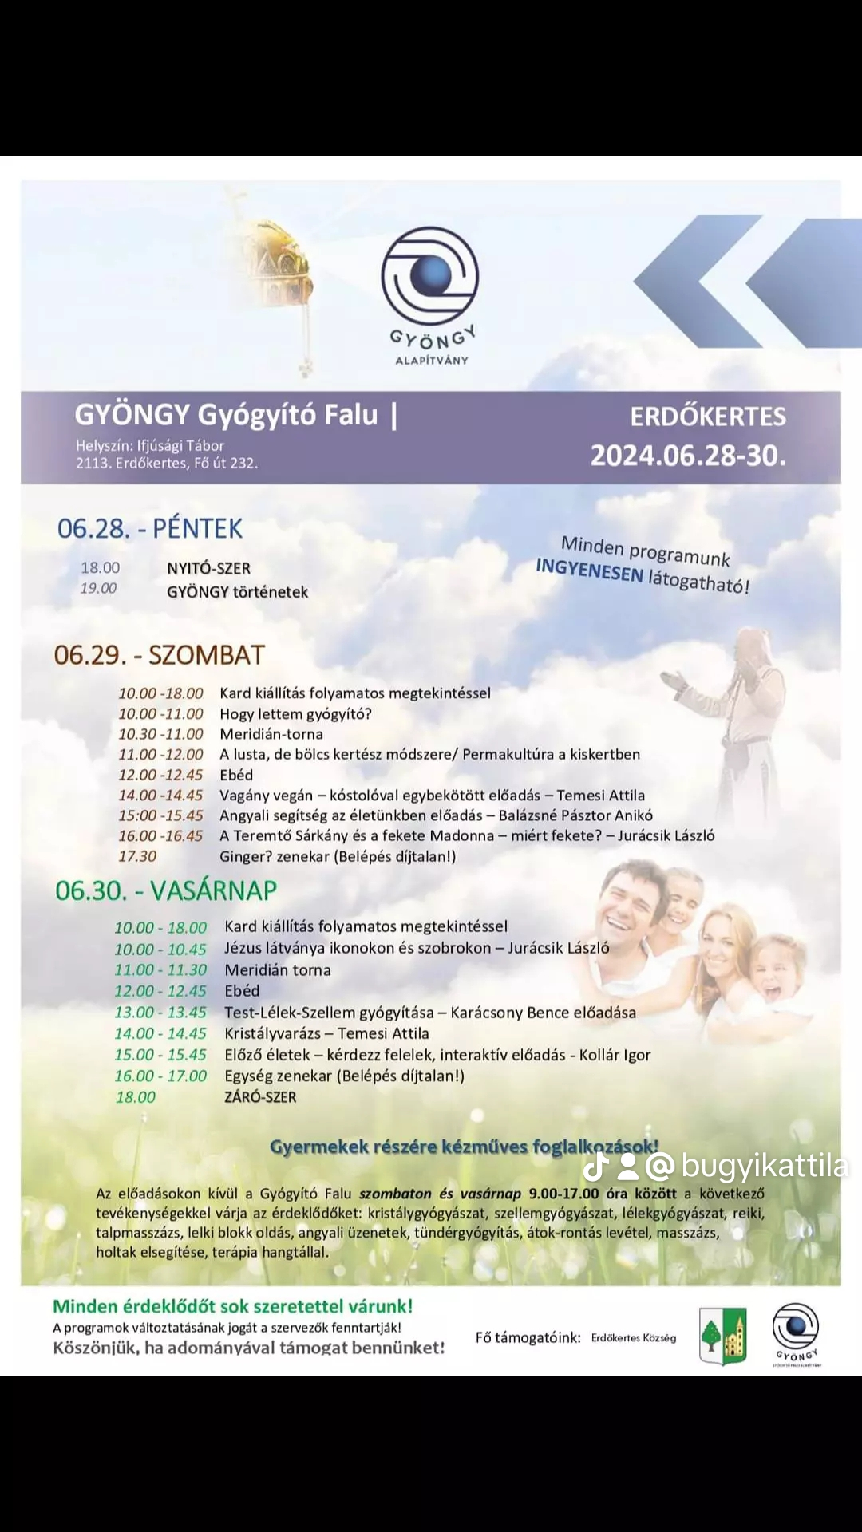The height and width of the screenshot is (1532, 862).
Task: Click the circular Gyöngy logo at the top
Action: [430, 276]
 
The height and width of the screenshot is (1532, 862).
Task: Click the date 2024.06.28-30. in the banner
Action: [688, 456]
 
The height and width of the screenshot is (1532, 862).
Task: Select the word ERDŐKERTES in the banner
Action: [708, 417]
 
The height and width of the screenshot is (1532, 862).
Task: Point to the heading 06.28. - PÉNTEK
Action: [150, 528]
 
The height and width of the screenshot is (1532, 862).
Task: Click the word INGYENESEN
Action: [589, 570]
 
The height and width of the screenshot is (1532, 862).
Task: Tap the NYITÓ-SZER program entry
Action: [208, 568]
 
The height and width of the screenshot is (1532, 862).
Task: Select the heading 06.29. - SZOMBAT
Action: [159, 655]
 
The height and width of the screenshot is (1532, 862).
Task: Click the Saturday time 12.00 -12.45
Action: [160, 775]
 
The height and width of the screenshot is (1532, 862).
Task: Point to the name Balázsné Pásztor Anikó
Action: [575, 815]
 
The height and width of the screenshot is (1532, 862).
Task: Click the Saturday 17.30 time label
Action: [137, 856]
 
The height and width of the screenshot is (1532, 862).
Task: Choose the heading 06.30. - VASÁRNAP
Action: [166, 890]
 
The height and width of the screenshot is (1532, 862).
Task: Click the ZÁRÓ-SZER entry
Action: [260, 1097]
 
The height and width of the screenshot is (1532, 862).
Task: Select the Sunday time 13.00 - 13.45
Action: [160, 1013]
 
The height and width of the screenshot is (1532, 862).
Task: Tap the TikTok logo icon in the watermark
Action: [596, 1167]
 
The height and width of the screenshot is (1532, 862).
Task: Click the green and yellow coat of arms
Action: [723, 1336]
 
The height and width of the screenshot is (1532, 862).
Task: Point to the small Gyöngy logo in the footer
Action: [796, 1333]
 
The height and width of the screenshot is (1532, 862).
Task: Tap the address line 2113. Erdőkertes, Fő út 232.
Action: [167, 463]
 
